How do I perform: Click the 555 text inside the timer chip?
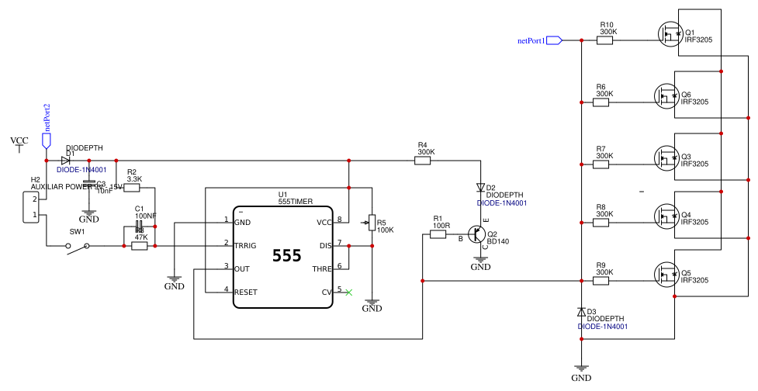[x=286, y=256]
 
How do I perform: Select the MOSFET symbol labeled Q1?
[x=668, y=33]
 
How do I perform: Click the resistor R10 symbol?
[x=604, y=40]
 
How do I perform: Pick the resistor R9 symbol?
[x=601, y=281]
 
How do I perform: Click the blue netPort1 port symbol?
[x=554, y=40]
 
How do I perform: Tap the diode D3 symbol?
[x=581, y=312]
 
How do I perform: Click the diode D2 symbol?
[x=481, y=188]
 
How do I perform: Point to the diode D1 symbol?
[x=66, y=161]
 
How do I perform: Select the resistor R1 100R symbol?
[x=438, y=234]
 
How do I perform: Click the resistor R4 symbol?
[x=424, y=161]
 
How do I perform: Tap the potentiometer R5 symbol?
[x=372, y=223]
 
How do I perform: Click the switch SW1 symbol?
[x=77, y=246]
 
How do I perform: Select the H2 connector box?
[x=30, y=208]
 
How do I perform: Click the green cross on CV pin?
[x=348, y=292]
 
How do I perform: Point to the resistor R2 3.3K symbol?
[x=133, y=187]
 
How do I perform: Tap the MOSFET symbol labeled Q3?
[x=665, y=157]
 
